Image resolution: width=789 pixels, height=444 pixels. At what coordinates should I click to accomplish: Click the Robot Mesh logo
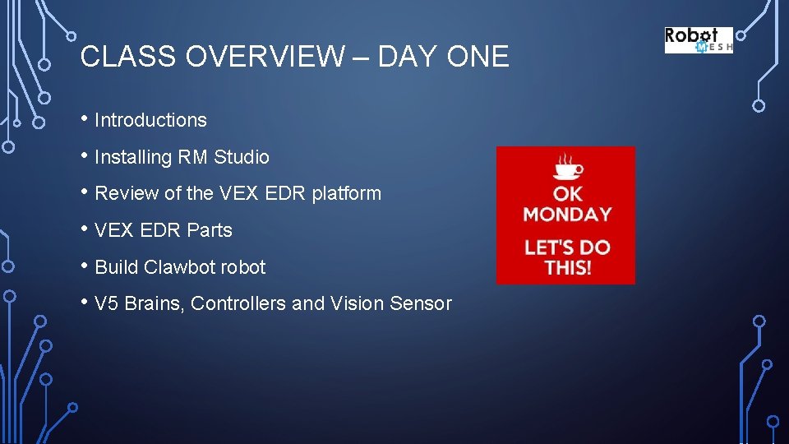point(698,40)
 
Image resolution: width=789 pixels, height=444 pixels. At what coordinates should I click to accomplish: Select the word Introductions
point(150,120)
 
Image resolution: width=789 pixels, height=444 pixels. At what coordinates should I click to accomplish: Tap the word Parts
point(210,231)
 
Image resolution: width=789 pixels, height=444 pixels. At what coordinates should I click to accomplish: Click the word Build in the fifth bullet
point(117,267)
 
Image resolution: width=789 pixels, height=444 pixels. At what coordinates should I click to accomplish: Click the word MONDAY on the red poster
point(567,215)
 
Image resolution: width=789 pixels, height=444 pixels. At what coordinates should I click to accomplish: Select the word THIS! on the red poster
point(567,268)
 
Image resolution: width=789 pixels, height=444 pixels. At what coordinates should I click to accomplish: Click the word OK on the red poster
point(567,193)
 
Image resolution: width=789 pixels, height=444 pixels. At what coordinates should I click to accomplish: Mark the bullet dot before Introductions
point(85,118)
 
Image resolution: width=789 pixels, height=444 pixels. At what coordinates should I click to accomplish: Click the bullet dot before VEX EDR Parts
point(85,229)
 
